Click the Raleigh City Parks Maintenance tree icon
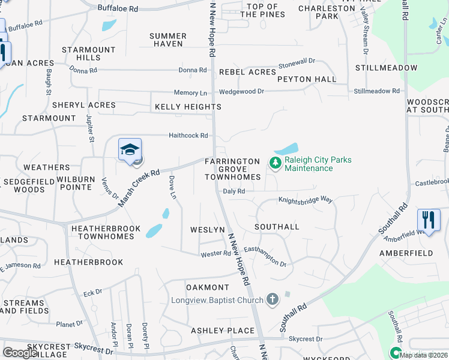pos(275,163)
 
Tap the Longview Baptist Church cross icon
pos(272,299)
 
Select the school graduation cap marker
pos(130,150)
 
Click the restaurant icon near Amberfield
pos(429,219)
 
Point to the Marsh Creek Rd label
pos(138,188)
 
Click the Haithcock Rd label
pos(188,136)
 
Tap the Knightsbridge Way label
pos(305,200)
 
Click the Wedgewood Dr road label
pos(241,91)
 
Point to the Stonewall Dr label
pos(297,64)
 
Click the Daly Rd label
pos(234,191)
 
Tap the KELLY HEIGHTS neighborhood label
pos(188,107)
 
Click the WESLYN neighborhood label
pos(206,230)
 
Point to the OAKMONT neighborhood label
pos(208,287)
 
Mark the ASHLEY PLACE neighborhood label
pos(223,331)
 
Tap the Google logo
pos(20,352)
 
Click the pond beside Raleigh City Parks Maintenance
pos(286,148)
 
